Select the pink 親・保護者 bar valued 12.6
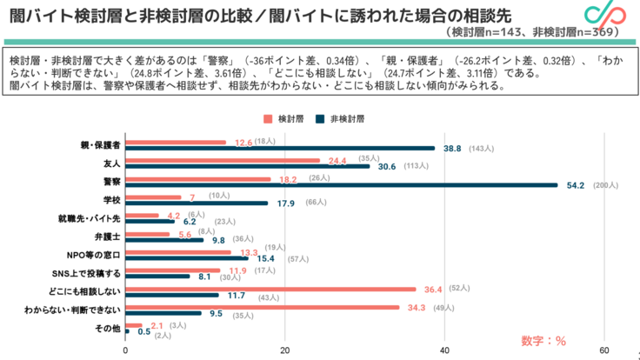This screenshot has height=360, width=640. coord(176,143)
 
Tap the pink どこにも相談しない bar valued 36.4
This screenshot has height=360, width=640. coord(270,290)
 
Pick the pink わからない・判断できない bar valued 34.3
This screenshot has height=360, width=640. coord(263,308)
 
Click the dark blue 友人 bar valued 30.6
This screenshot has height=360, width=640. coord(248,166)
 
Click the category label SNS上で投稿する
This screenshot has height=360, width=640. coord(92,273)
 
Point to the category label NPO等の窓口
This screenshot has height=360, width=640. coord(96,255)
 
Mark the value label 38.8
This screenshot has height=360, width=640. coord(452,149)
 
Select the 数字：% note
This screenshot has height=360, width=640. coord(543,339)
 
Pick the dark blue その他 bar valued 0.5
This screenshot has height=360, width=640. coord(128,331)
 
